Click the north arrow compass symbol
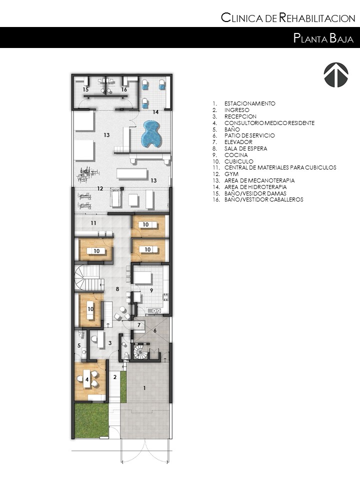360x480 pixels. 335,75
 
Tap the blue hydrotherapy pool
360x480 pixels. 150,133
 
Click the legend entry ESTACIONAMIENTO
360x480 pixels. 249,103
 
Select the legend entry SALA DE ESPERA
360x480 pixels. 245,148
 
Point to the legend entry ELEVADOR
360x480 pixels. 238,142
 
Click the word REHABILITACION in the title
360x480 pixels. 317,19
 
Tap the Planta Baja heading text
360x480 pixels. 323,38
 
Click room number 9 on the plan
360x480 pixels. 151,290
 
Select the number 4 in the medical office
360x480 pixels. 87,380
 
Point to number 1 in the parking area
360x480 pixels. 145,387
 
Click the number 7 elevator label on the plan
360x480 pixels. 139,325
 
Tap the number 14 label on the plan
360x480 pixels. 155,112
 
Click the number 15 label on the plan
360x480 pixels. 85,89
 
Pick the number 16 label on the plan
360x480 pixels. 124,89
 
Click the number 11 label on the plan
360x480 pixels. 93,222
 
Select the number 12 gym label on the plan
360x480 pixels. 100,188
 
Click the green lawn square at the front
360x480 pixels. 91,420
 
